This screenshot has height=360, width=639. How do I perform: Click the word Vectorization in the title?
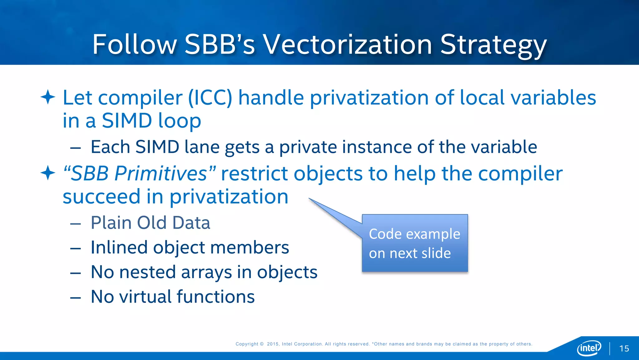tap(347, 44)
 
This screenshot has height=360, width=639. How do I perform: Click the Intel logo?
tap(589, 348)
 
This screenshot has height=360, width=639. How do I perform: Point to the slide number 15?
tap(624, 348)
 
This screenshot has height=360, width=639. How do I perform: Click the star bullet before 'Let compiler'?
tap(48, 97)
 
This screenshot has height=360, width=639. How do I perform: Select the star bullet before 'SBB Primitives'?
tap(48, 173)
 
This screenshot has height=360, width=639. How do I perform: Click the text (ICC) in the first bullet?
tap(210, 98)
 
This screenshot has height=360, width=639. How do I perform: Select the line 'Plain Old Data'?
tap(150, 223)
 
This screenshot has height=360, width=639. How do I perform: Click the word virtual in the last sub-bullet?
tap(145, 297)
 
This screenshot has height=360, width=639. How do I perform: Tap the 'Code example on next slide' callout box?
tap(415, 243)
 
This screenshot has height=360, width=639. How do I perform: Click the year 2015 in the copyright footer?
tap(273, 344)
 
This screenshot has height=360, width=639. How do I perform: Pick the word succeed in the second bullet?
tap(101, 197)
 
